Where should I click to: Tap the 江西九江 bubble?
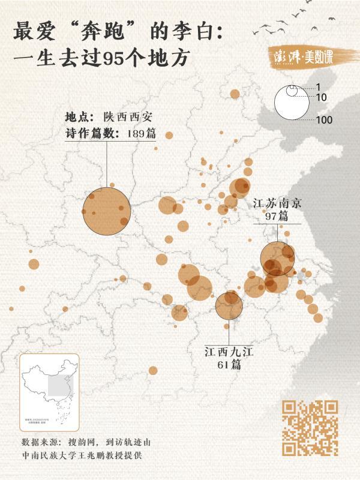[x=229, y=305]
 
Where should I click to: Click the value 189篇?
[x=142, y=134]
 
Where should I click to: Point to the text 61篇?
[x=228, y=364]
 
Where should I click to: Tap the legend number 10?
[x=321, y=97]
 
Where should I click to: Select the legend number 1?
[x=319, y=87]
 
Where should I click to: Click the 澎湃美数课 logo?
[x=309, y=57]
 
